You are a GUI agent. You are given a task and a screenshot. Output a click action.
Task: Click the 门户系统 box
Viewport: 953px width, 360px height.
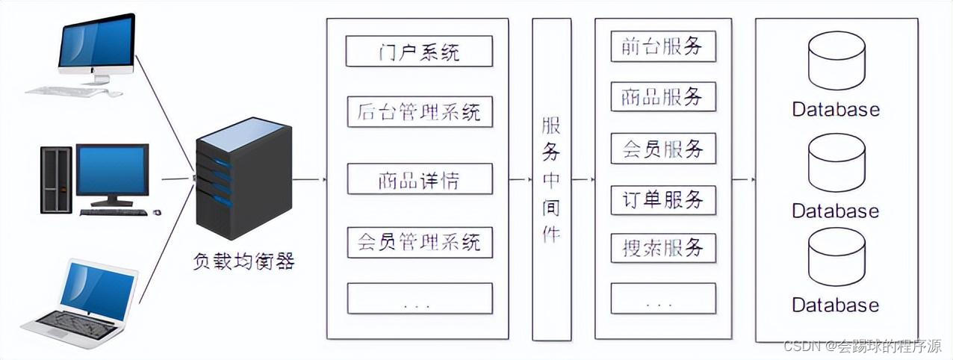click(419, 51)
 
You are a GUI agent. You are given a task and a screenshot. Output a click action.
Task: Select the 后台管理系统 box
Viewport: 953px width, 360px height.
click(419, 112)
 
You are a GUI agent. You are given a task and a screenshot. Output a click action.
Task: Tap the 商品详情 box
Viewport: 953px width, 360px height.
click(419, 179)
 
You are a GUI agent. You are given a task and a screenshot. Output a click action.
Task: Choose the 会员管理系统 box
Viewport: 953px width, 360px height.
click(419, 243)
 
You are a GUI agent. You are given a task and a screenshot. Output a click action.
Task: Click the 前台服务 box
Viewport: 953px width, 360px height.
click(662, 46)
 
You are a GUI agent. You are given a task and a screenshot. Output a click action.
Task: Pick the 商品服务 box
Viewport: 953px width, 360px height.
click(662, 97)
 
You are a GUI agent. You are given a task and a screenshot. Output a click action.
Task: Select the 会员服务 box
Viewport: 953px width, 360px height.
click(662, 149)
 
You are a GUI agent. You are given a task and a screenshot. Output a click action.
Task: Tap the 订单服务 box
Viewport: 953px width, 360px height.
click(662, 200)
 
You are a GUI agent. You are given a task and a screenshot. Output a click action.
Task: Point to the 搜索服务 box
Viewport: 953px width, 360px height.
click(662, 247)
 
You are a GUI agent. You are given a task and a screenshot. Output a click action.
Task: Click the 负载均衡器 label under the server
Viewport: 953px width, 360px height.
click(243, 261)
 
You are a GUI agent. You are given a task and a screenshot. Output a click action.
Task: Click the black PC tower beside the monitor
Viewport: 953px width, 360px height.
click(56, 179)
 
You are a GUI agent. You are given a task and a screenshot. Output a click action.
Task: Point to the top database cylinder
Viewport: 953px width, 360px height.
click(836, 60)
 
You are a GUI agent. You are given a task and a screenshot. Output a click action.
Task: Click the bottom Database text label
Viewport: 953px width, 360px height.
click(836, 305)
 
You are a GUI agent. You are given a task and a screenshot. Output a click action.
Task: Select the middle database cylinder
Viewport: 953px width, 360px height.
click(836, 164)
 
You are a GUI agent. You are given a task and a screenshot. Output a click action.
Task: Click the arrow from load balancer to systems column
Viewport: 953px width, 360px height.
click(308, 179)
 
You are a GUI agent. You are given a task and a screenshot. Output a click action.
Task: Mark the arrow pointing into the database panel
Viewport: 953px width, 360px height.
click(744, 179)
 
